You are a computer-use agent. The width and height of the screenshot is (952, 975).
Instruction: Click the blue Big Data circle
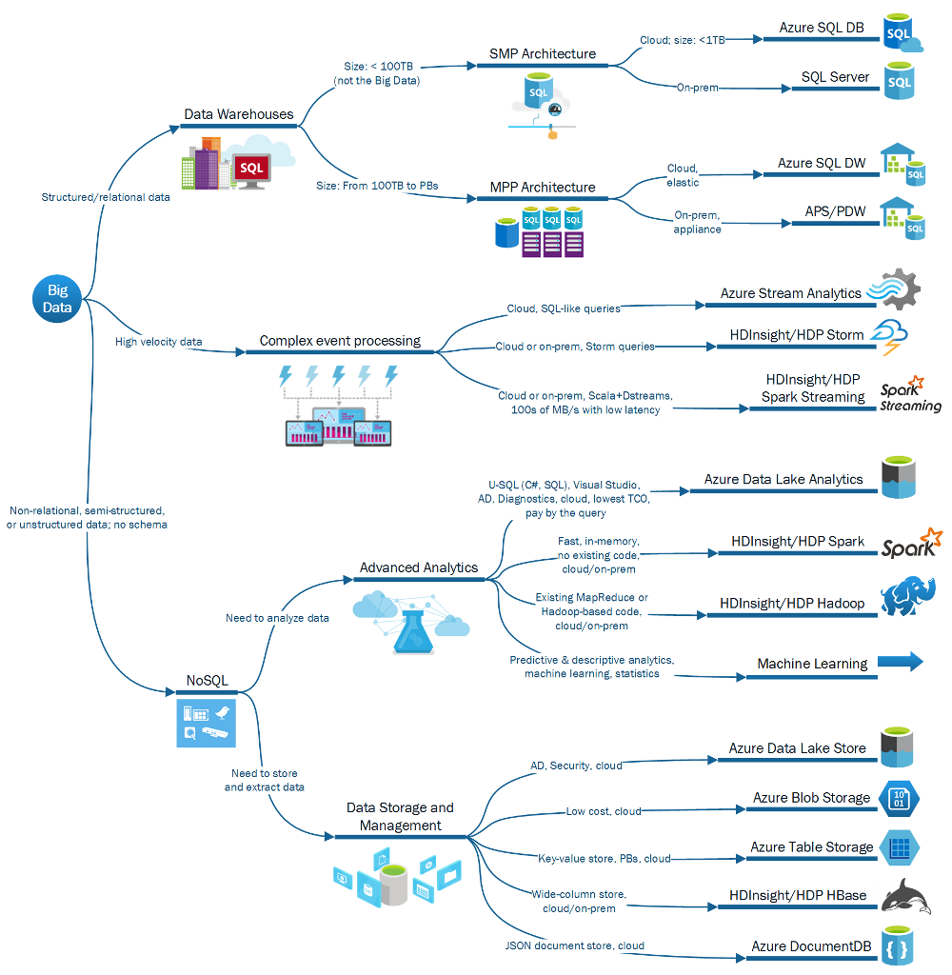(x=58, y=299)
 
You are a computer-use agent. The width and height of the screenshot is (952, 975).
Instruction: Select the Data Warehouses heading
(x=239, y=114)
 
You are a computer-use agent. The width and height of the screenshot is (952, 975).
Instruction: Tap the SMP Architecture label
(x=542, y=54)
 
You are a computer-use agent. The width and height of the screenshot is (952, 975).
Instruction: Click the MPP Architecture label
(x=543, y=188)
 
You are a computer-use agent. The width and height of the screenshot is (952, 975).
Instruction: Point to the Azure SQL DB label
(x=822, y=28)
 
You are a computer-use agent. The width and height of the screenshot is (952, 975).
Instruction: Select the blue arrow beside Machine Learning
(x=901, y=662)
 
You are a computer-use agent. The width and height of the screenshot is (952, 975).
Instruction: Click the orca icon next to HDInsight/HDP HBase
(x=907, y=897)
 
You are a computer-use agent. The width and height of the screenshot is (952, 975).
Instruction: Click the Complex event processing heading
(x=340, y=340)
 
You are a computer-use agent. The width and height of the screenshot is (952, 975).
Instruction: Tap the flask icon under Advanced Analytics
(x=409, y=629)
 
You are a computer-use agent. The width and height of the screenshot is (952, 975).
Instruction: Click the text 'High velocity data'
(x=158, y=341)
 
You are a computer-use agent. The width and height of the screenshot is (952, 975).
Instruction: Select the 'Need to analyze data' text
(x=277, y=618)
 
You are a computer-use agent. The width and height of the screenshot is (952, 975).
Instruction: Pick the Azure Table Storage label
(x=811, y=846)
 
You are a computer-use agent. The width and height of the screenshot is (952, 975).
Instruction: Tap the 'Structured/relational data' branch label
(x=106, y=197)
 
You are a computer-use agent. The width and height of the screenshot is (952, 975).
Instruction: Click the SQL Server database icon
(x=900, y=82)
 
